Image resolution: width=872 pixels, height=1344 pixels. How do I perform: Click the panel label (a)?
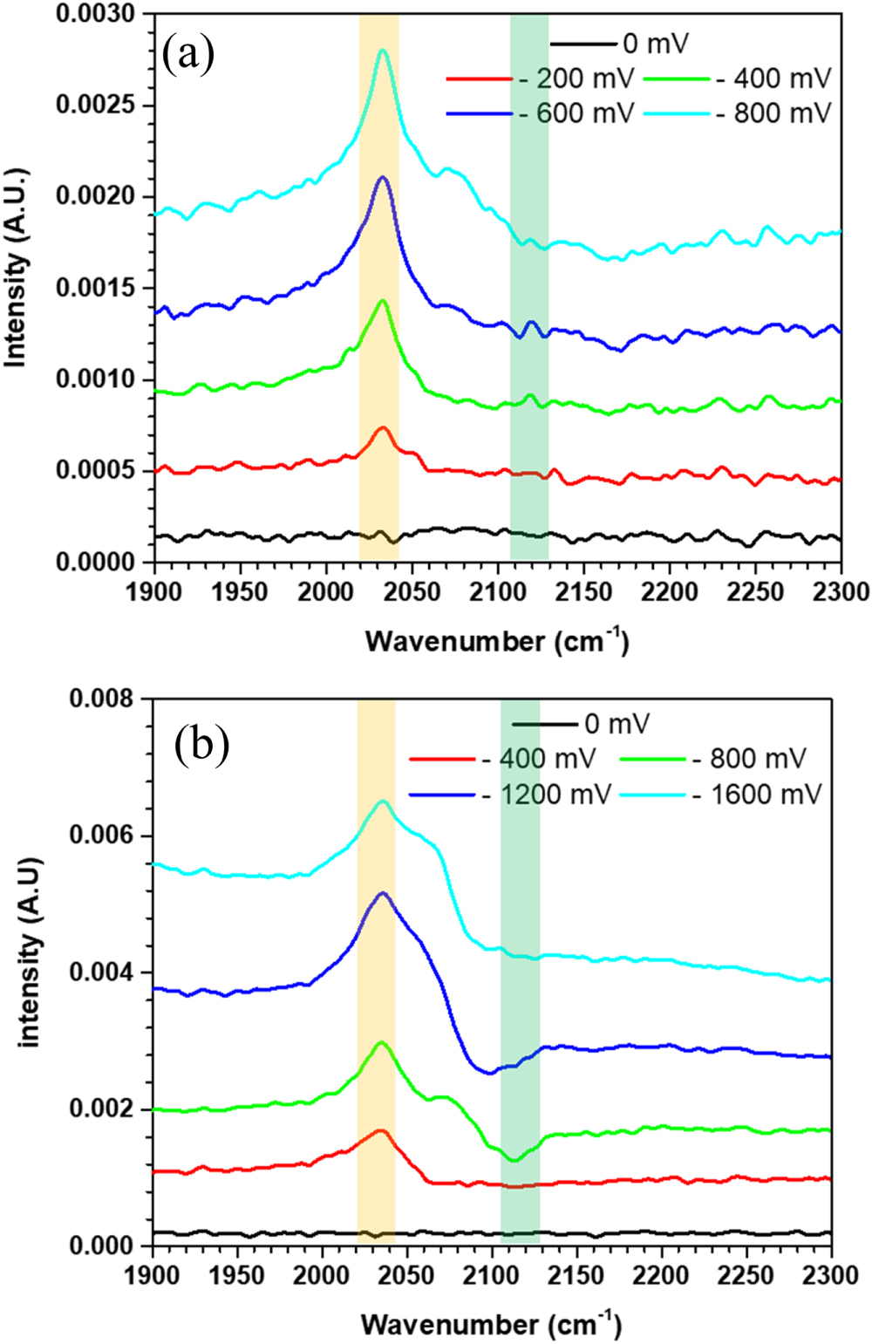click(188, 55)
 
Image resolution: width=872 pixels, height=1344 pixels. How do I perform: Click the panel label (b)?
click(201, 747)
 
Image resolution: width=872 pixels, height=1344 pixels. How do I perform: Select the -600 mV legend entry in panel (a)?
click(541, 113)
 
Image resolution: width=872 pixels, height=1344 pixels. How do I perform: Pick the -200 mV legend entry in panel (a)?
click(541, 78)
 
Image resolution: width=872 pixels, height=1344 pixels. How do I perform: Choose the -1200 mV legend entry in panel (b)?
click(511, 794)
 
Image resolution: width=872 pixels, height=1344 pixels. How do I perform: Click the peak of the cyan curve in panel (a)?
click(381, 50)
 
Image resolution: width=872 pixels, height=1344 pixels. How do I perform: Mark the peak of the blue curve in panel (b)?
click(381, 893)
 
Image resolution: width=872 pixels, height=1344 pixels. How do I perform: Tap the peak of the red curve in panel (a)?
click(381, 427)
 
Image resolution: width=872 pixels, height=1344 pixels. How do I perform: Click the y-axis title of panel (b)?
click(31, 952)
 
